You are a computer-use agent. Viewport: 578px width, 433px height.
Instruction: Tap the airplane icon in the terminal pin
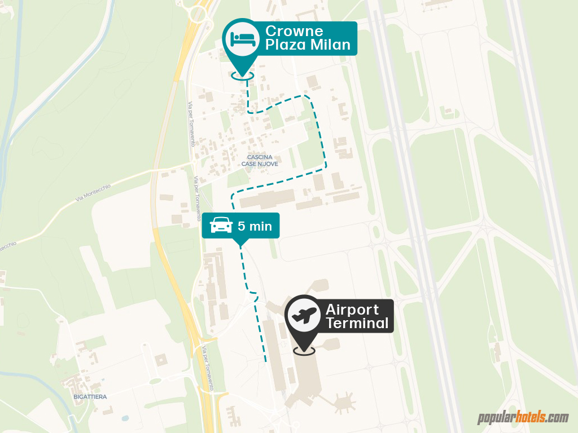(304, 315)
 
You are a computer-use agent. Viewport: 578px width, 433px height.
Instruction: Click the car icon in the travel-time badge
(221, 226)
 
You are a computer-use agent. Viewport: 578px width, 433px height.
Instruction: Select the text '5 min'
(255, 227)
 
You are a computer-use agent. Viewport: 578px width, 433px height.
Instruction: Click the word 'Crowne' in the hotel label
(294, 31)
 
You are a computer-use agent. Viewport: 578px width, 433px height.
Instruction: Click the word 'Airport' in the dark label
(352, 310)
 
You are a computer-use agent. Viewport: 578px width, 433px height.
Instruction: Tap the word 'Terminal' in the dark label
(357, 324)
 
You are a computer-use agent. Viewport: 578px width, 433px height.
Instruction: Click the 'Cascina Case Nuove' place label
(260, 160)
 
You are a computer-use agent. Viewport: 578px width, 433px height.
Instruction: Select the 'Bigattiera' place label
(90, 396)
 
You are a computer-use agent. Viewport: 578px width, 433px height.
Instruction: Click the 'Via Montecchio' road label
(94, 192)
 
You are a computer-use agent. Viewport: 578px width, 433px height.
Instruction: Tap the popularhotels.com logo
(523, 418)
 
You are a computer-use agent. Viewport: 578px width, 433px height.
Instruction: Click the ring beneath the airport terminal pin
(304, 351)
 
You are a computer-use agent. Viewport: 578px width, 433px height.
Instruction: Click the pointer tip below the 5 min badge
(241, 244)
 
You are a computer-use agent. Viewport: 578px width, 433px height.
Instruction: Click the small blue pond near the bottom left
(124, 419)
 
